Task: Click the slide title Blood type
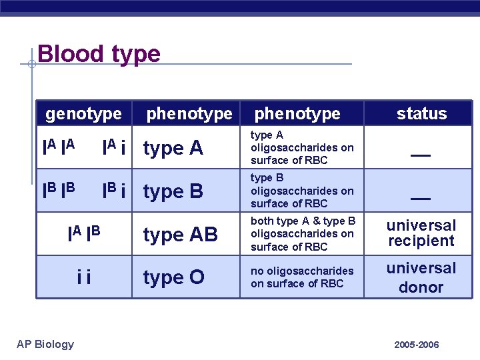[99, 53]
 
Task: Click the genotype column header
[83, 114]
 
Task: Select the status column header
[421, 114]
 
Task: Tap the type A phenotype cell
[173, 149]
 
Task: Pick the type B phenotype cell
[173, 192]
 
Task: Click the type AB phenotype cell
[180, 235]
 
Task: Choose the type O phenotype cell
[174, 277]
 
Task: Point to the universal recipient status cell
[421, 233]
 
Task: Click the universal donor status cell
[421, 277]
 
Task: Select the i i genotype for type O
[84, 276]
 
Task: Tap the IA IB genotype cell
[84, 233]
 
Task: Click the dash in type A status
[420, 155]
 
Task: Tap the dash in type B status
[420, 199]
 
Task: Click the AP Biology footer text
[45, 344]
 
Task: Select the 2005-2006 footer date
[417, 345]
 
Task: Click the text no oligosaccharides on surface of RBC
[302, 277]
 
